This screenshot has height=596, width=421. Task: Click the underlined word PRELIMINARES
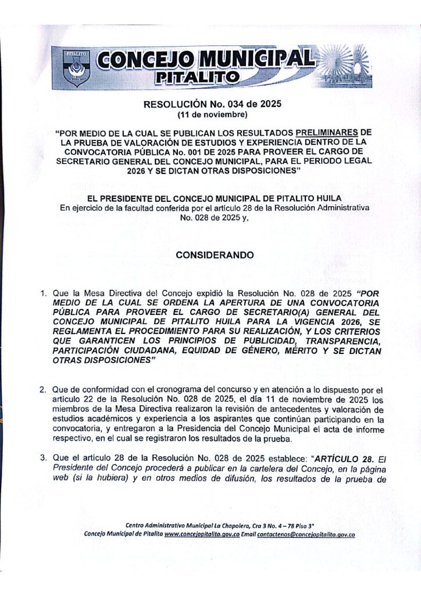[327, 132]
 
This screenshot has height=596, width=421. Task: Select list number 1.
[43, 295]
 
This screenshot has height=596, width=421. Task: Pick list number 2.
[43, 388]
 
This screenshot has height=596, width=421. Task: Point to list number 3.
[43, 459]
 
